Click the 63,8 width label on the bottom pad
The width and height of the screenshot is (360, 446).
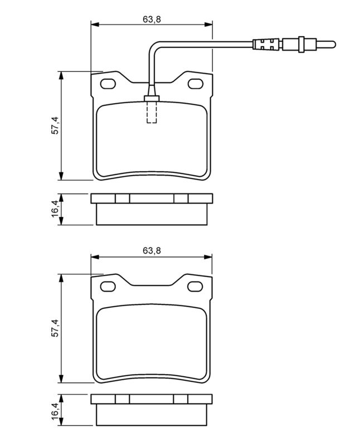151,251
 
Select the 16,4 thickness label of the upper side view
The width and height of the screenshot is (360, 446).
55,210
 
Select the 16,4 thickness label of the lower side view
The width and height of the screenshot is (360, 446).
55,413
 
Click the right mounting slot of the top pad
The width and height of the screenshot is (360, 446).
196,84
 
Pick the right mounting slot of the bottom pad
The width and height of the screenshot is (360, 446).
196,287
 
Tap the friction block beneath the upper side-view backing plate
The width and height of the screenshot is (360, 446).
152,215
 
